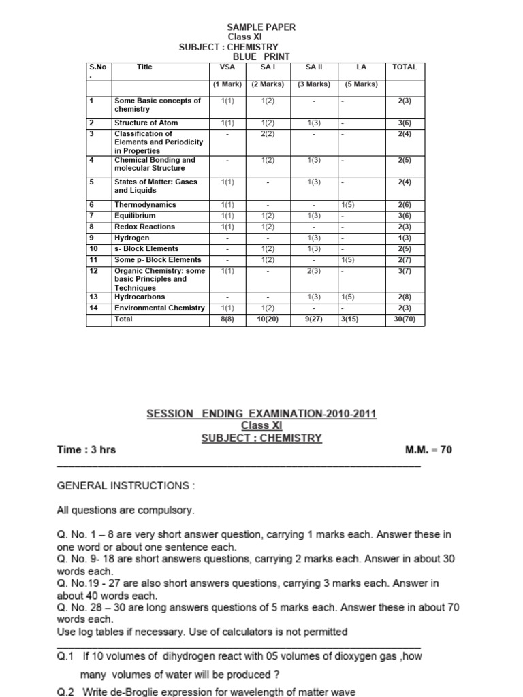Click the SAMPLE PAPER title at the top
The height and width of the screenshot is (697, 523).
point(261,27)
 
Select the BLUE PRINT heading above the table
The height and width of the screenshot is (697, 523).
point(257,56)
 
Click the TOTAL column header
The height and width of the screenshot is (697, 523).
point(405,67)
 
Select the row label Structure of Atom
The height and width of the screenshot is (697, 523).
point(146,123)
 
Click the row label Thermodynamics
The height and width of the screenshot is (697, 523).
point(145,204)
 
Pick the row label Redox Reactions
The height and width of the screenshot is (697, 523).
point(144,226)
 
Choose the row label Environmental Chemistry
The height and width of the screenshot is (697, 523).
point(159,308)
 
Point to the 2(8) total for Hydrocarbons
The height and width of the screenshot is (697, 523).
point(410,297)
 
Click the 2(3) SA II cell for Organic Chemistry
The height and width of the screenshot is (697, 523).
point(314,270)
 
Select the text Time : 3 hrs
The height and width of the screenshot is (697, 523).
point(86,450)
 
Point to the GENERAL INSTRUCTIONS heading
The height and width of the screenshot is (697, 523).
point(125,486)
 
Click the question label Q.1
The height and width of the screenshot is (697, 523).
point(65,657)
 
